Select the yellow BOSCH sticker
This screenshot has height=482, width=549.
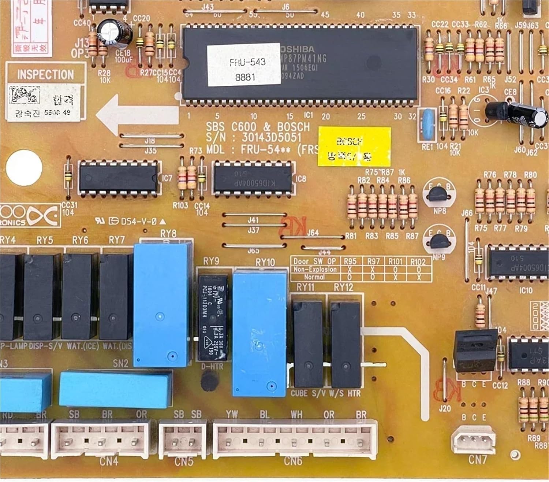pyautogui.click(x=354, y=147)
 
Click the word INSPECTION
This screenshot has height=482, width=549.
pyautogui.click(x=45, y=75)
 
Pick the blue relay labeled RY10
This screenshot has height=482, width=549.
pyautogui.click(x=259, y=333)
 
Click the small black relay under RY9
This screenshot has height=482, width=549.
pyautogui.click(x=213, y=318)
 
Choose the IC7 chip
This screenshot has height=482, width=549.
pyautogui.click(x=119, y=177)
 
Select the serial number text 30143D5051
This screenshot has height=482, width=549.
pyautogui.click(x=271, y=138)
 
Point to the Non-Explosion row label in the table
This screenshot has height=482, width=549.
pyautogui.click(x=315, y=270)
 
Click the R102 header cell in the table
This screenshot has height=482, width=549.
pyautogui.click(x=418, y=262)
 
